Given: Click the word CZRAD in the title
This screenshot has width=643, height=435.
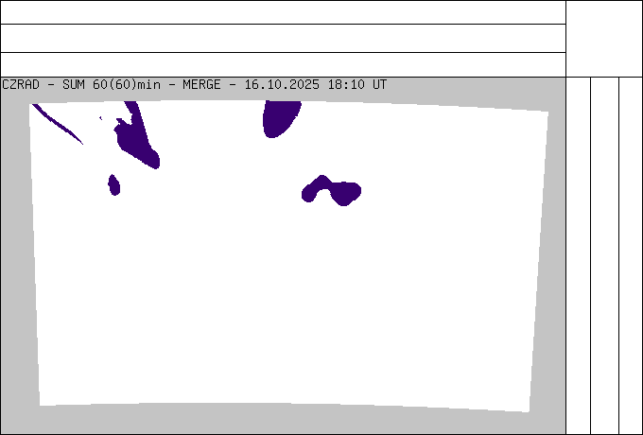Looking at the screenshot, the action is coord(21,84).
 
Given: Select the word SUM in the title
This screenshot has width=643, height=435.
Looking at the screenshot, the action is coord(74,84).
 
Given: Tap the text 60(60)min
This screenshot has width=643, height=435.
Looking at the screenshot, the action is coord(127,84).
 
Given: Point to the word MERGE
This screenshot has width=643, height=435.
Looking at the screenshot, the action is coord(201,84).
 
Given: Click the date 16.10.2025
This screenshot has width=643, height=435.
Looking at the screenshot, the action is coord(282,84).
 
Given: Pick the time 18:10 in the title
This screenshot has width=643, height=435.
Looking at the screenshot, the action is coord(346,84).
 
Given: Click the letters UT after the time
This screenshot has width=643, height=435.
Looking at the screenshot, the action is coord(380,84).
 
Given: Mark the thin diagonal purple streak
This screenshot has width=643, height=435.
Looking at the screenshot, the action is coord(58,124).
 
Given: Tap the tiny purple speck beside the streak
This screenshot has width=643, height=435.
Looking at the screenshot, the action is coord(100,118).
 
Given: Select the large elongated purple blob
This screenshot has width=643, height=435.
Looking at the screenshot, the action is coord(137,135).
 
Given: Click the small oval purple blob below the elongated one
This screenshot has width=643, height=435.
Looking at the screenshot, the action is coord(114,185).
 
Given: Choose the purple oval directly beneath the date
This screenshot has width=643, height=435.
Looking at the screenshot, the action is coord(282,119).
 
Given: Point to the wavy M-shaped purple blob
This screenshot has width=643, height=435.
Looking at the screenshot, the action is coord(331,191).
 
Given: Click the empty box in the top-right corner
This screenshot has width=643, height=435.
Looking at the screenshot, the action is coord(604,39).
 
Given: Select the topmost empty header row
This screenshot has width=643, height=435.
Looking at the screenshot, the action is coord(284,12).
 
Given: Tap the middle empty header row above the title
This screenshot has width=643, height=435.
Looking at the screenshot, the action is coord(284,38).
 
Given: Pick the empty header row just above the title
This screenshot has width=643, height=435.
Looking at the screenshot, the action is coord(284,65).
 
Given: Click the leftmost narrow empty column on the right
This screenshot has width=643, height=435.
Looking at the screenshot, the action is coord(578,255).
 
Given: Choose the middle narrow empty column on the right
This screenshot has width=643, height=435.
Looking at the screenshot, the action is coord(605,255).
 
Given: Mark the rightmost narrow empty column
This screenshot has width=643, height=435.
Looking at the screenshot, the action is coord(631,255).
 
